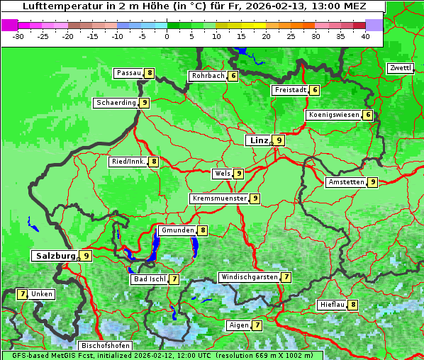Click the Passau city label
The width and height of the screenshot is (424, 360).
pos(128,73)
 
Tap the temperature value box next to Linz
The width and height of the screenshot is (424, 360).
pos(279,140)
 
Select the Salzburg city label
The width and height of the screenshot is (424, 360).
pos(55,256)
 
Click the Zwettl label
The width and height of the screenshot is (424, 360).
pos(400,68)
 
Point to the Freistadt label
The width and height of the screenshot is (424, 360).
pos(290,90)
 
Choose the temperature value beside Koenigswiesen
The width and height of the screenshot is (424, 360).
pos(367,115)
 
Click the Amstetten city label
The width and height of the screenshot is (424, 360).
pos(346,182)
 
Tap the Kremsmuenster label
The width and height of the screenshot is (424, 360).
pos(219,198)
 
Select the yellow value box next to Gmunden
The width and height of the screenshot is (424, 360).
pos(203,230)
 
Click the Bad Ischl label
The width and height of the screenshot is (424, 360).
pos(149,279)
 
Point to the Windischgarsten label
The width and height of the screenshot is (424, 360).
pos(249,277)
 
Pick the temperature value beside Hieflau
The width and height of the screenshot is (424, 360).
pos(353,305)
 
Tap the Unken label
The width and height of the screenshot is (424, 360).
pos(42,294)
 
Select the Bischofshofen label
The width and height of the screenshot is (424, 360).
pos(106,345)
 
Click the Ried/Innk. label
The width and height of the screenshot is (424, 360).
pos(128,162)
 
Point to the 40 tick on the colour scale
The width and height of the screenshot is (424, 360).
pos(364,36)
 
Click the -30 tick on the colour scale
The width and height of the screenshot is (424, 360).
pos(18,36)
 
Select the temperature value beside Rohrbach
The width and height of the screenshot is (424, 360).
pos(233,76)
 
